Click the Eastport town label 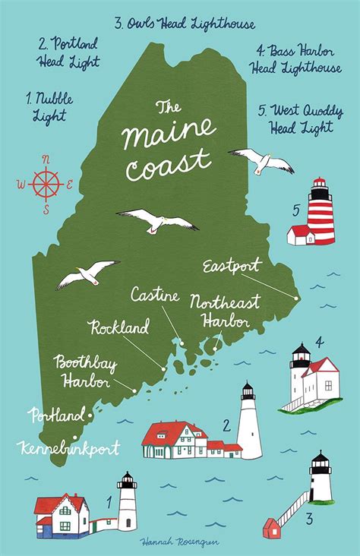point(232,266)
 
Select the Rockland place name point(118,328)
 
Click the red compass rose point(46,182)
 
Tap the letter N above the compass point(46,159)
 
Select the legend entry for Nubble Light point(46,106)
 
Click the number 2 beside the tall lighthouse point(226,425)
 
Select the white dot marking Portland point(91,415)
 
